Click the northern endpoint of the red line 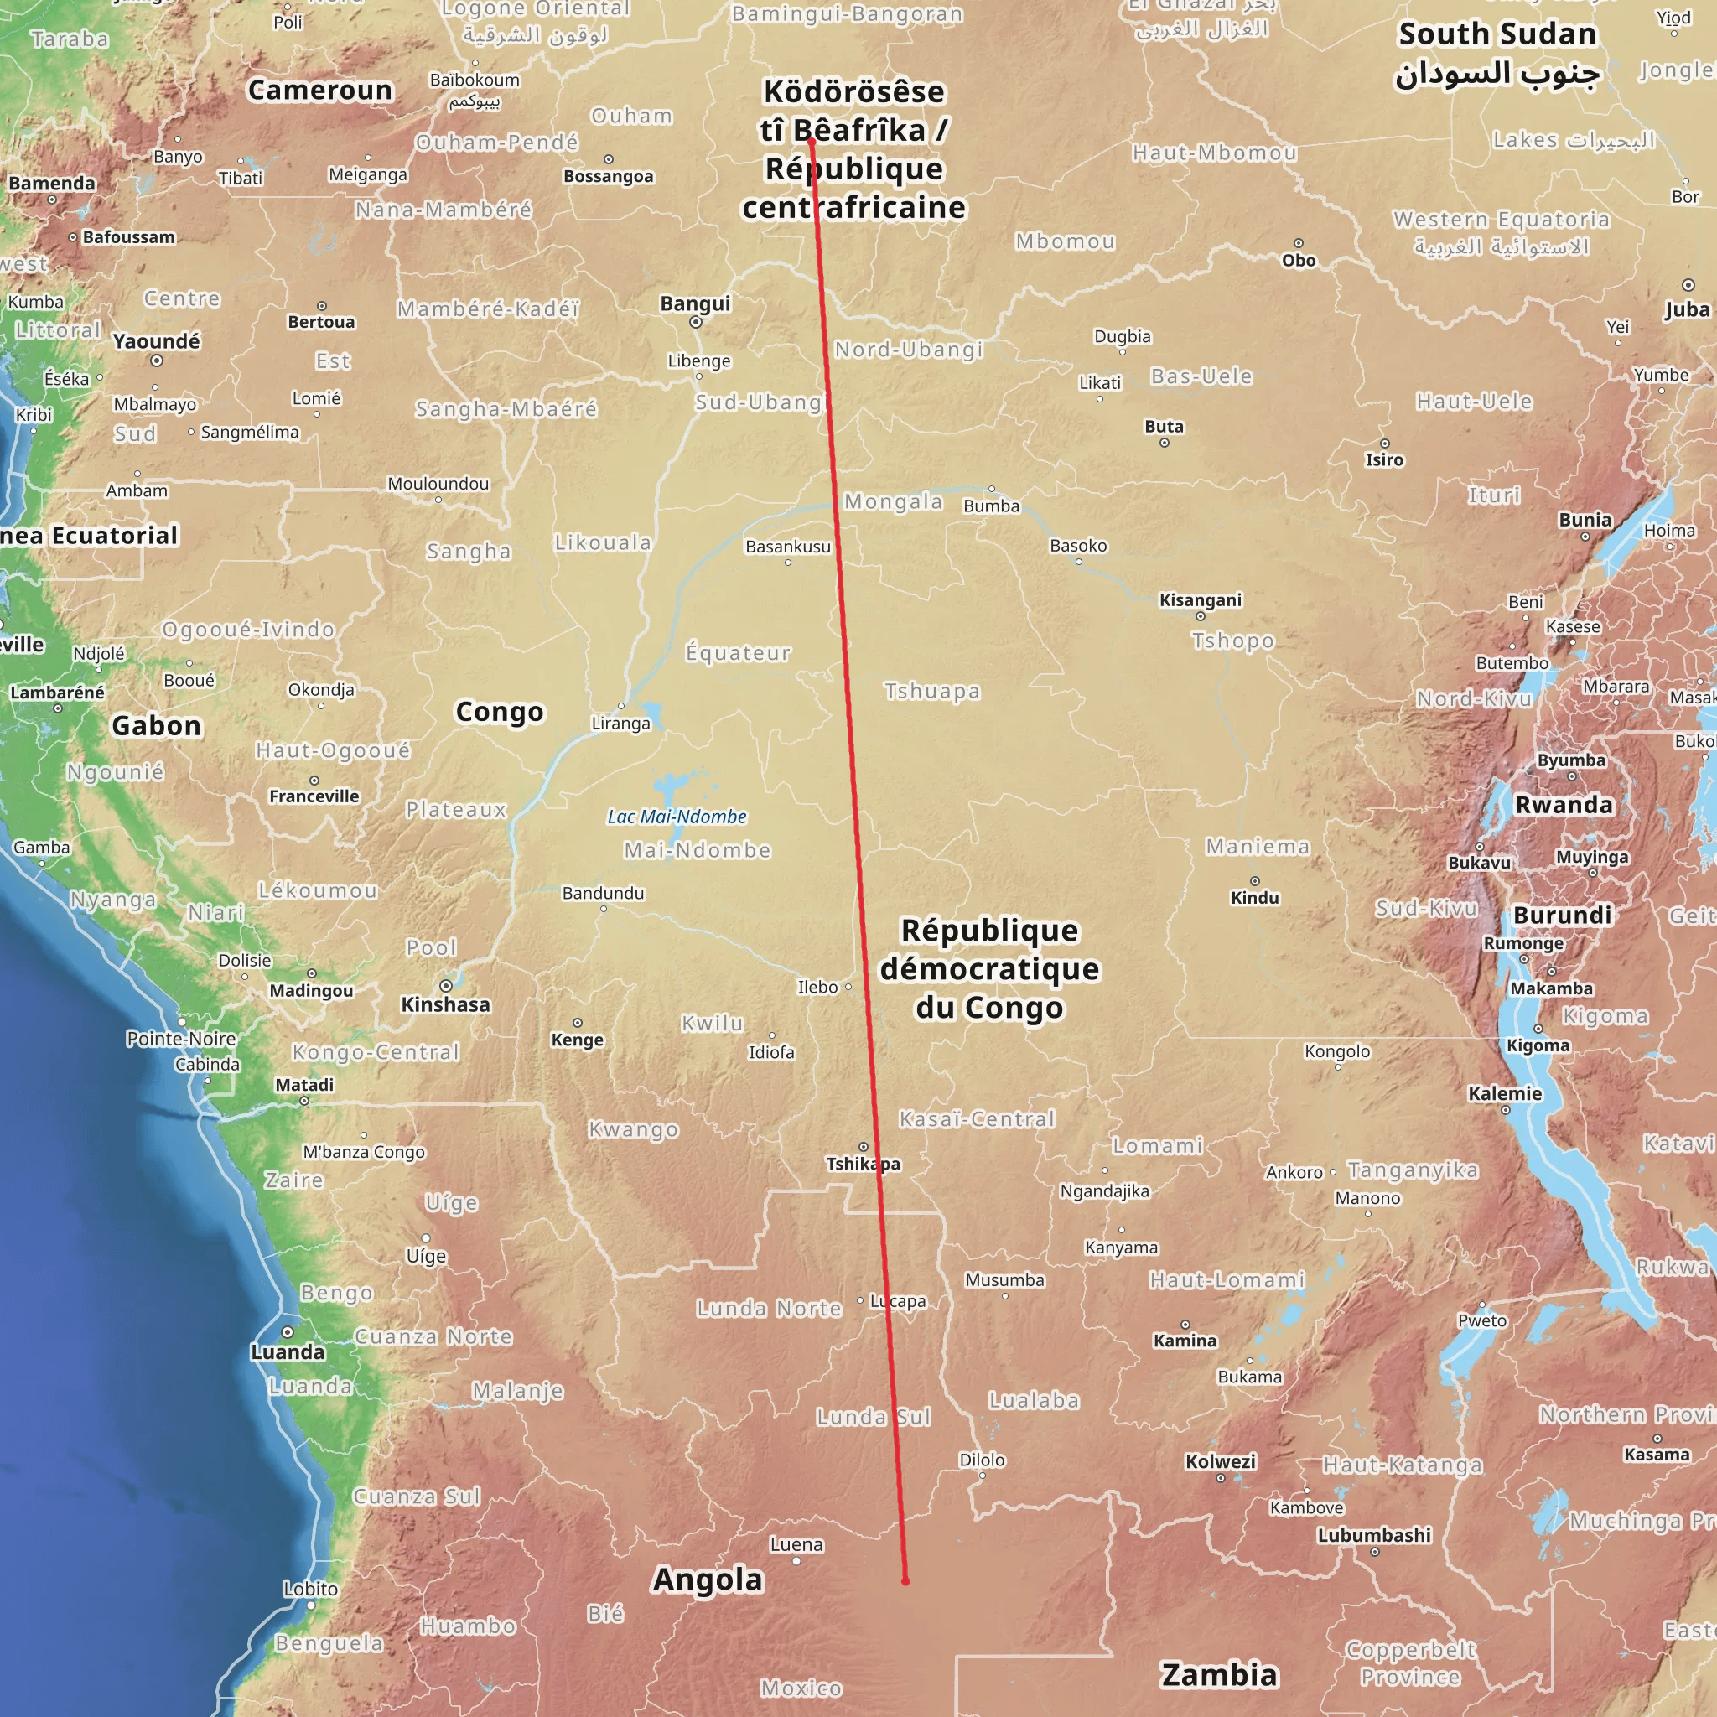[x=812, y=142]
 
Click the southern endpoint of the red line [x=905, y=1581]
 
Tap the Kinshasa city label [x=445, y=1004]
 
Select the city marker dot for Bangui [x=696, y=323]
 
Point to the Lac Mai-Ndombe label [x=677, y=816]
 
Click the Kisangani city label [x=1200, y=600]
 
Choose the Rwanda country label [x=1564, y=804]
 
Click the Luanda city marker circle [x=287, y=1332]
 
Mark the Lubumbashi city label [x=1374, y=1535]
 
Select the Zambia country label [x=1219, y=1674]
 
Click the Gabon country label [x=157, y=725]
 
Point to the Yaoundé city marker [x=157, y=361]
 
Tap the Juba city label [x=1687, y=309]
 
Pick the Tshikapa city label [x=862, y=1164]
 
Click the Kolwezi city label [x=1220, y=1461]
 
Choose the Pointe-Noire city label [x=181, y=1038]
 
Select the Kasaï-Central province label [x=977, y=1119]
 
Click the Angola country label [x=708, y=1580]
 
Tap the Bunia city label [x=1585, y=519]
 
